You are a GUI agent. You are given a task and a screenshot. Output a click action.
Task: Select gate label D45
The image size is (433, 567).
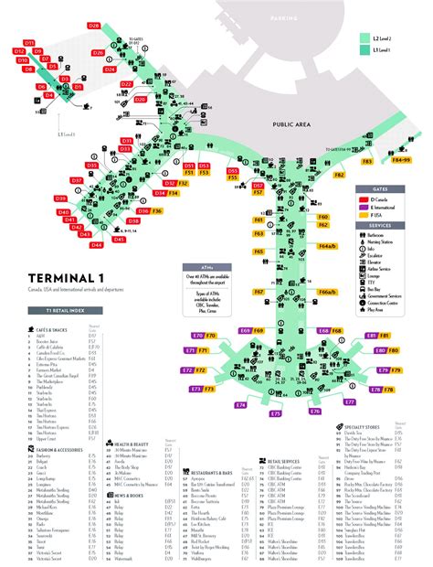[120, 240]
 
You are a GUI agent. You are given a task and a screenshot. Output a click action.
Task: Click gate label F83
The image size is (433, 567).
[366, 161]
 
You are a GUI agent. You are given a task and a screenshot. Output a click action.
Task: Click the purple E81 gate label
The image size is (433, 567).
[371, 337]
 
